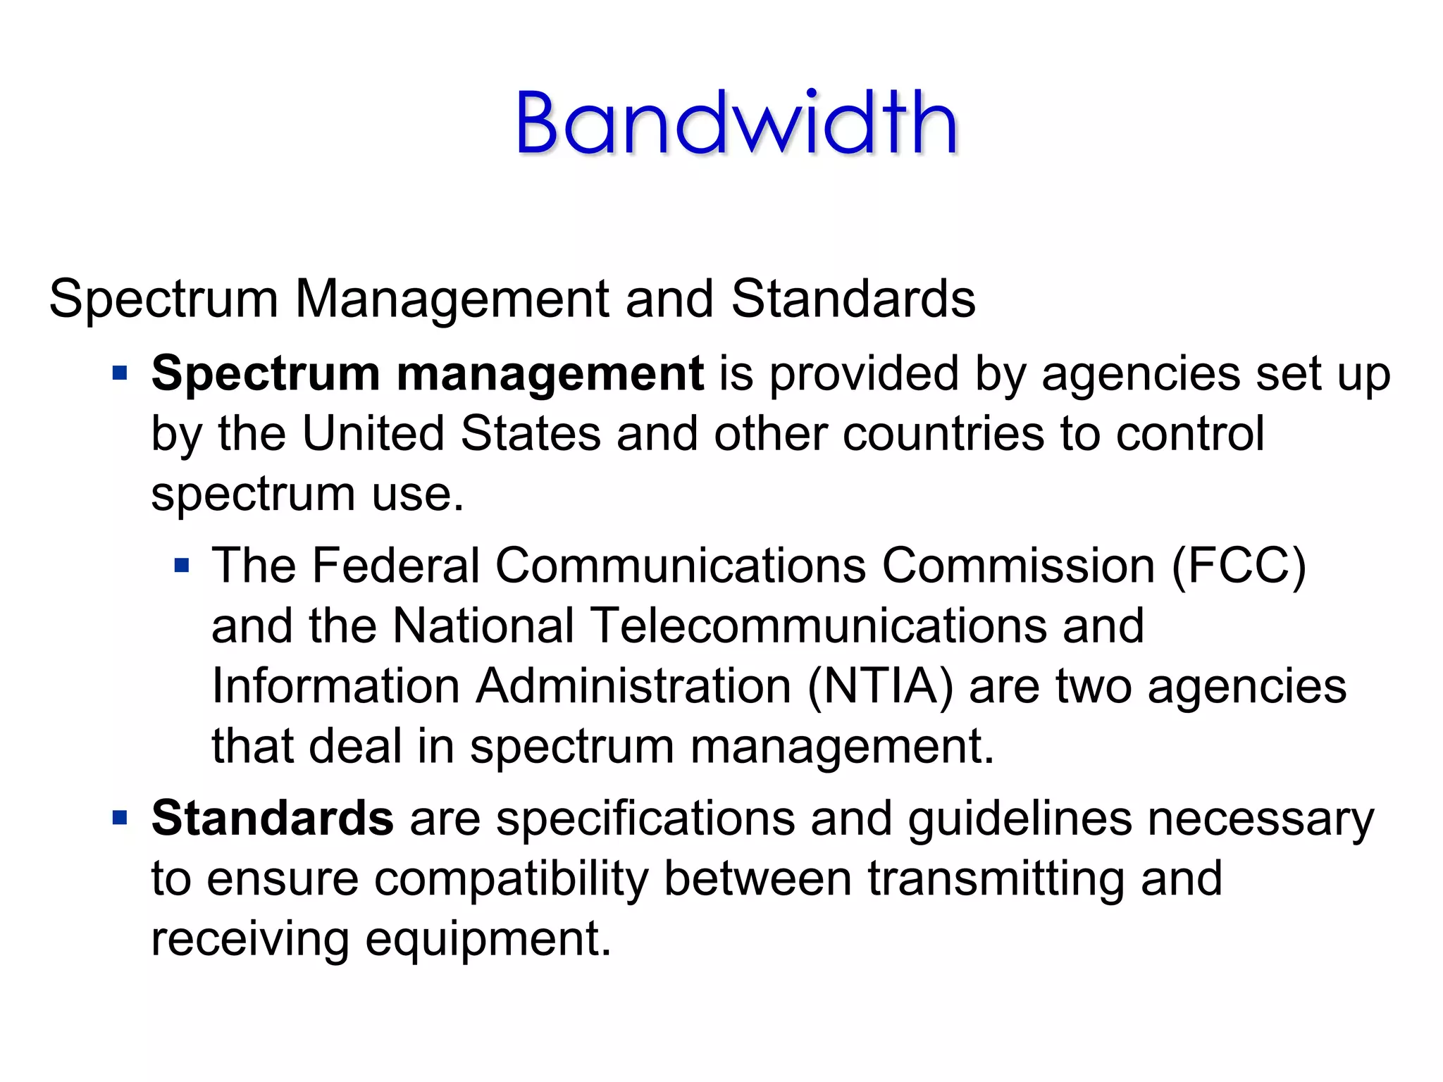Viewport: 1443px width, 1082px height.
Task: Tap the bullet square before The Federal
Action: pyautogui.click(x=182, y=565)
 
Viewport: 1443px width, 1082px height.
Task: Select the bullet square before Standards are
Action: pyautogui.click(x=120, y=818)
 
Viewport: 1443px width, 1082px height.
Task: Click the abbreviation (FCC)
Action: pyautogui.click(x=1238, y=566)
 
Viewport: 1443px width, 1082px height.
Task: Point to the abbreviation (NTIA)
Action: pyautogui.click(x=880, y=686)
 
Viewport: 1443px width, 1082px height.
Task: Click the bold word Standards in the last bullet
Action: pyautogui.click(x=272, y=818)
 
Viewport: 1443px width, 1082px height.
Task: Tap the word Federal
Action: pyautogui.click(x=395, y=566)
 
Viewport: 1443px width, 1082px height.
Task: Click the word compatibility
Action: pyautogui.click(x=510, y=879)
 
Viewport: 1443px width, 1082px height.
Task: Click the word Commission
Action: pyautogui.click(x=1017, y=566)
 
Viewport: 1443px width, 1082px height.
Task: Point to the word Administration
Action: pyautogui.click(x=633, y=686)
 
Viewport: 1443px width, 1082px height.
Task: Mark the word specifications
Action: pyautogui.click(x=645, y=819)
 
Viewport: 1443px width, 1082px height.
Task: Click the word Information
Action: pyautogui.click(x=335, y=686)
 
